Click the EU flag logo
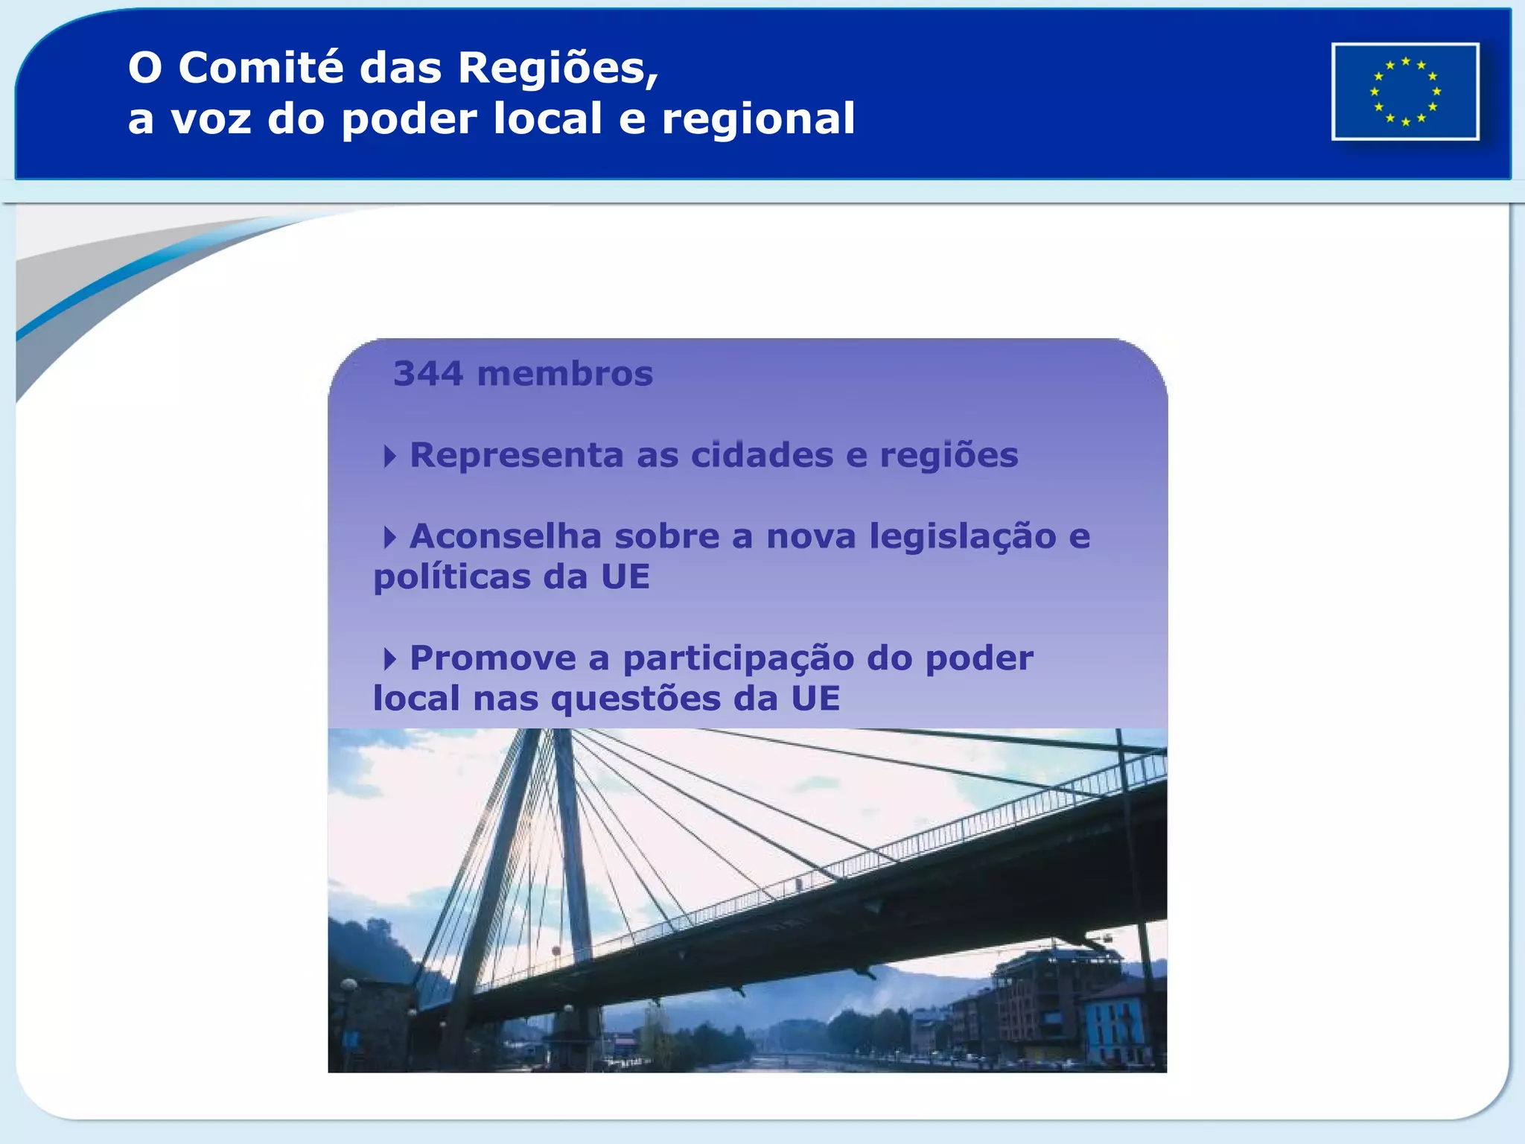(1405, 92)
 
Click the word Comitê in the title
(260, 68)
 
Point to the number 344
(428, 374)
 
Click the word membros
(564, 374)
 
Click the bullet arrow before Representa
(389, 456)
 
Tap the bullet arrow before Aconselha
(389, 537)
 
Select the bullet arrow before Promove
(389, 658)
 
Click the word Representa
(516, 456)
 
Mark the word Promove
(492, 658)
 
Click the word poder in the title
(409, 120)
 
